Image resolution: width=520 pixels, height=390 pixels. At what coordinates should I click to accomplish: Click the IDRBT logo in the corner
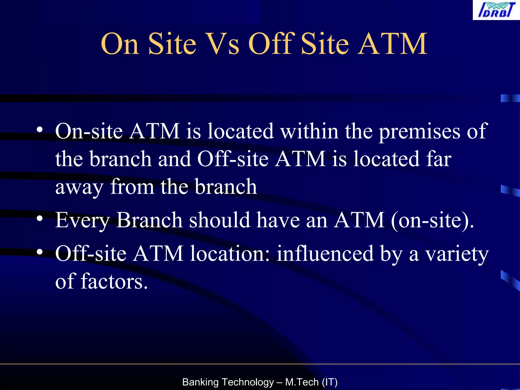coord(496,10)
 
